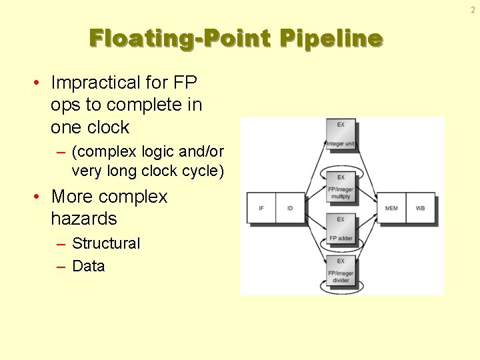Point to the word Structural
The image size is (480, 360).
pyautogui.click(x=106, y=243)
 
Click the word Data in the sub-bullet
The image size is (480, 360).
pyautogui.click(x=88, y=266)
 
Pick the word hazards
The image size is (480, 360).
pyautogui.click(x=83, y=219)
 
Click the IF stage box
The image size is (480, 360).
pyautogui.click(x=261, y=208)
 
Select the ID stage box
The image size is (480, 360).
pyautogui.click(x=289, y=208)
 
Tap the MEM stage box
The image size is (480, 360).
pyautogui.click(x=391, y=208)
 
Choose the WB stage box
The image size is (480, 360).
pyautogui.click(x=420, y=208)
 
